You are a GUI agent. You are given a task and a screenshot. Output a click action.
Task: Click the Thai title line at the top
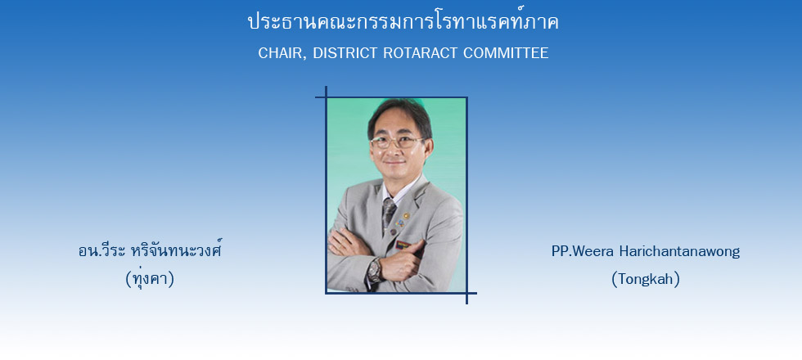(x=403, y=22)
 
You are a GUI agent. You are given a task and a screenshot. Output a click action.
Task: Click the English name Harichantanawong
(x=679, y=252)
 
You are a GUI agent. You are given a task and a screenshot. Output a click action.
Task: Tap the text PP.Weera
(x=583, y=252)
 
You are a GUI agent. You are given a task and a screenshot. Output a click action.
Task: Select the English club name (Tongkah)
(x=646, y=279)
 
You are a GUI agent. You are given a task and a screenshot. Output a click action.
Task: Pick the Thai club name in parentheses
(x=150, y=278)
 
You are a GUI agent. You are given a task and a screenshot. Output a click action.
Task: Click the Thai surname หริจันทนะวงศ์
(x=177, y=250)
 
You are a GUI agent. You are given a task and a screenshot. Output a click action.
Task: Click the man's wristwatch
(x=375, y=271)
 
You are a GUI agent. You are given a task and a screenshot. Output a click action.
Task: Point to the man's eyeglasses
(x=397, y=142)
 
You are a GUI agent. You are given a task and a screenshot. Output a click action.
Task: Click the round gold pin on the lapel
(x=406, y=216)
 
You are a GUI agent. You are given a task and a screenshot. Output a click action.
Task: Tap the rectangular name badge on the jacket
(x=403, y=245)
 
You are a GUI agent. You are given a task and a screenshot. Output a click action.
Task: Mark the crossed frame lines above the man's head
(x=326, y=97)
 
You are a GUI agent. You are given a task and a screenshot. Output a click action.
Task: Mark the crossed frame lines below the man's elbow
(x=466, y=293)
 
